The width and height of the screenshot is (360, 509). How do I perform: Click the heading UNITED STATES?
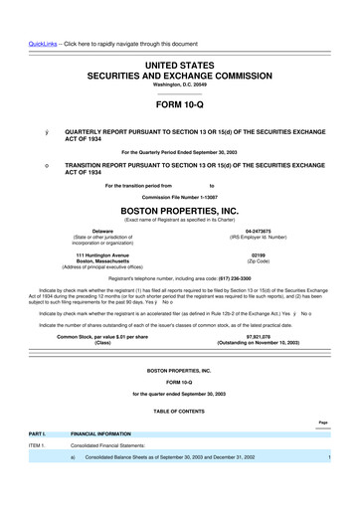click(x=180, y=62)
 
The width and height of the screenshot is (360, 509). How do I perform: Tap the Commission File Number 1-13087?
click(x=180, y=197)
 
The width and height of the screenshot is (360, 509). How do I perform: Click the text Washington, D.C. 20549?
click(x=180, y=85)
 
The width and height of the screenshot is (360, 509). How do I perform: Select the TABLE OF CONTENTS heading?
click(x=180, y=411)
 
